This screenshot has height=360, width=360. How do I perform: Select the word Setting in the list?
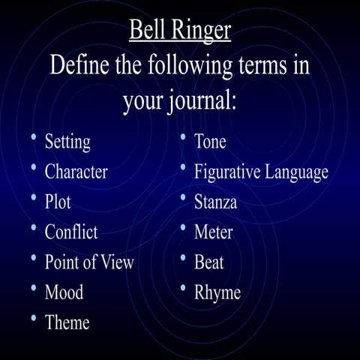pos(67,141)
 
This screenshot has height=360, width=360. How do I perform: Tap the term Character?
pos(76,172)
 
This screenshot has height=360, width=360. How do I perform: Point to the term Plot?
pos(58,202)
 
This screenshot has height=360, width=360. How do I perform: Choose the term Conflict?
pos(71,232)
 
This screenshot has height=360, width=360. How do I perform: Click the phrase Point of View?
pos(89,262)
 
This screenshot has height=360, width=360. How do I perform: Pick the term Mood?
pos(64,292)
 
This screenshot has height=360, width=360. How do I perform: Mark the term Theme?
pos(67,322)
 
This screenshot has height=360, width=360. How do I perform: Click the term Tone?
pos(210,141)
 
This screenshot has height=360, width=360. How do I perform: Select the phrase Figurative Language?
pos(261,172)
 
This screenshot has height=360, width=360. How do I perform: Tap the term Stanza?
pos(215,202)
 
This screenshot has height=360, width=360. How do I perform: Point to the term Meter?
pos(213,232)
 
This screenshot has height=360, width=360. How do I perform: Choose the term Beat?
pos(208,262)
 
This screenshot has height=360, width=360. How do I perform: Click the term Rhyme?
pos(217,292)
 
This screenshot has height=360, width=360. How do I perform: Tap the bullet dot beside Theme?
pos(34,319)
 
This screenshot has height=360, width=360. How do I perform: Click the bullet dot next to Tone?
pos(184,138)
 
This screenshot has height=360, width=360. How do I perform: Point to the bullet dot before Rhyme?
pos(184,289)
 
